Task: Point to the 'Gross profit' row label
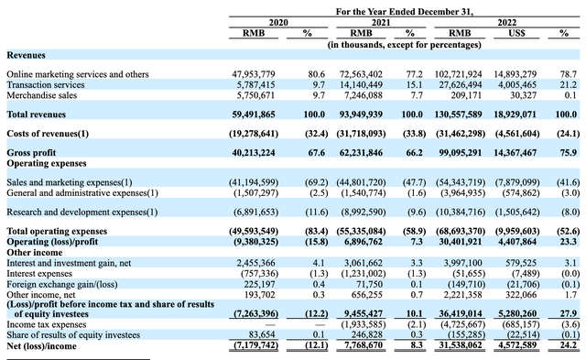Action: coord(32,152)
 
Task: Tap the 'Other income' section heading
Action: coord(33,252)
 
